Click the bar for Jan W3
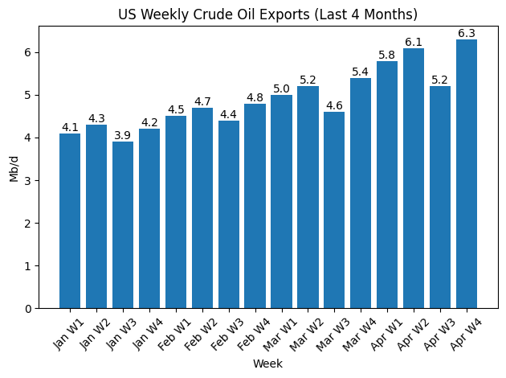pos(123,225)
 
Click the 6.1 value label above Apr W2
pos(414,42)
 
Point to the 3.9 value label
pos(123,135)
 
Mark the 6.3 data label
pos(467,33)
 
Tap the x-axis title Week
pos(267,364)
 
